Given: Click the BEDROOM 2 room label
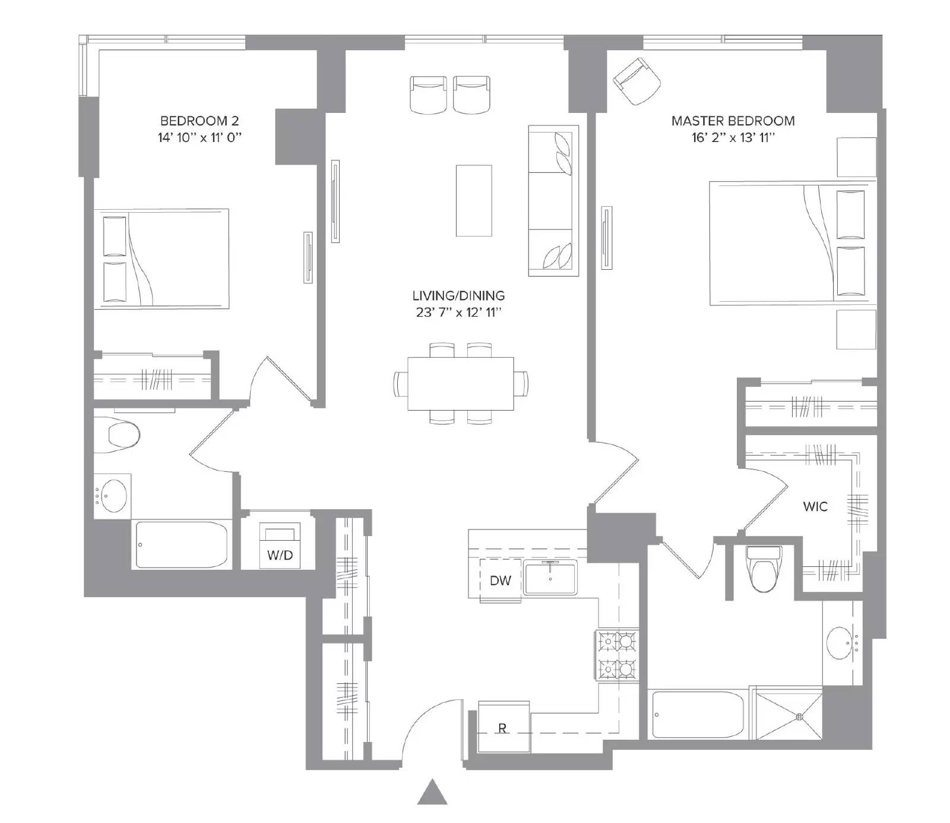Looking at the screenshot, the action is (199, 121).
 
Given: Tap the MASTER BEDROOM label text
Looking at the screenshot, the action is (733, 121).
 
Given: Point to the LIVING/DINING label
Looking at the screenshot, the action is (458, 296).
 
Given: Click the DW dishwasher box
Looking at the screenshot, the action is (501, 579).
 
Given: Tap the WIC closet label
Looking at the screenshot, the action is (815, 507).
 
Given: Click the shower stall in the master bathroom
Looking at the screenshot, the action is (786, 713).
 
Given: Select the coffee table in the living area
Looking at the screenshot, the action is (474, 201).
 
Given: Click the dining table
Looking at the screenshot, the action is (461, 383).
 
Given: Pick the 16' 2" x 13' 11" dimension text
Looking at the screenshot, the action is (733, 138).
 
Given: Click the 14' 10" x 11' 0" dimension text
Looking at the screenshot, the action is (199, 138).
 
